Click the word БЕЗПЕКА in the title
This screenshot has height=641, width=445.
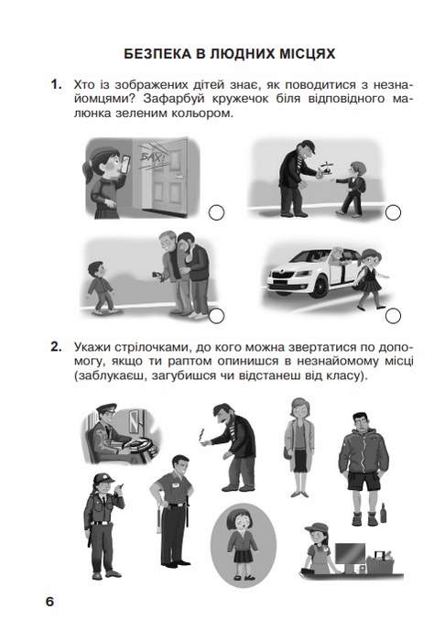(x=157, y=53)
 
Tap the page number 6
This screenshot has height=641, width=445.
(x=49, y=602)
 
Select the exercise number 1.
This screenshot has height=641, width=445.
(x=56, y=84)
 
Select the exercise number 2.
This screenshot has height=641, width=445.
(x=56, y=347)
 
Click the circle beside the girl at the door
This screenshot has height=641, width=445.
(x=216, y=212)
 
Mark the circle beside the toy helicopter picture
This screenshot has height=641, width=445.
(x=393, y=212)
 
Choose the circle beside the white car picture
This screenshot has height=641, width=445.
(x=393, y=315)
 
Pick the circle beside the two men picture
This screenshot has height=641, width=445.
(x=216, y=315)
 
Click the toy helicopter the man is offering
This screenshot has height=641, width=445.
(x=327, y=168)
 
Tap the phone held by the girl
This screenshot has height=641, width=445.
(x=125, y=163)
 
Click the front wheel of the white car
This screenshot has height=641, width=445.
(x=320, y=285)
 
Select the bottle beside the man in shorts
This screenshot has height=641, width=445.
(x=383, y=513)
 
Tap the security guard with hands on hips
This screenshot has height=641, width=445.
(x=172, y=510)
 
